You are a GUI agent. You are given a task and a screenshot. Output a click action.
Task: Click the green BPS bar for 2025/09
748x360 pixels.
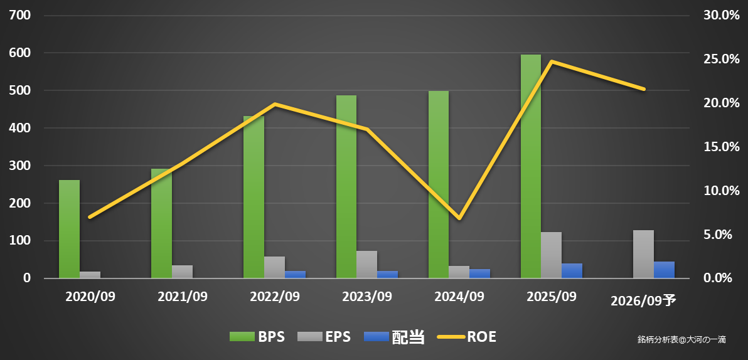coord(530,166)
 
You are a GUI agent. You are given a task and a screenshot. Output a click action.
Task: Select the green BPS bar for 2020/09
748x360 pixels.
coord(69,229)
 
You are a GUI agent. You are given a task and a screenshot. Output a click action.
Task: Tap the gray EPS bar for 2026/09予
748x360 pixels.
coord(643,254)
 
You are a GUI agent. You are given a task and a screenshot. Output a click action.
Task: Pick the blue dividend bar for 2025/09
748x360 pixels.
coord(572,270)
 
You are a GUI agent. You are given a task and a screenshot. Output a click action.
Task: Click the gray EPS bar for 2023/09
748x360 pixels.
coord(366,264)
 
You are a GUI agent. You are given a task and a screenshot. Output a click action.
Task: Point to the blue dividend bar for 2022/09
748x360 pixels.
coord(295,274)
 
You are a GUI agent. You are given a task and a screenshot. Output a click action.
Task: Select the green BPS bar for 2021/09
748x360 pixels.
coord(161,223)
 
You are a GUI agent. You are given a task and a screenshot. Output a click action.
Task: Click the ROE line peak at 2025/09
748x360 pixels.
coord(551,61)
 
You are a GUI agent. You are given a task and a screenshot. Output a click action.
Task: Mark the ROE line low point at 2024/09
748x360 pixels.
coord(459,218)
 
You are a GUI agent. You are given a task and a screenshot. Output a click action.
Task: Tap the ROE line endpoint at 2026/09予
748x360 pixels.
coord(644,89)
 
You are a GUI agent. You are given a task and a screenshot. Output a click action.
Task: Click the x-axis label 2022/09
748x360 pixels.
coord(274,296)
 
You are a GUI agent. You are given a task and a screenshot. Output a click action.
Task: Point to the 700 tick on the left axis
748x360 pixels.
coord(19,15)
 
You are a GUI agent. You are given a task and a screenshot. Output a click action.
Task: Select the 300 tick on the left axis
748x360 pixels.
coord(19,166)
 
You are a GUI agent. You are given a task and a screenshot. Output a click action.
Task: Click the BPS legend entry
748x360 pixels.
coord(257,337)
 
